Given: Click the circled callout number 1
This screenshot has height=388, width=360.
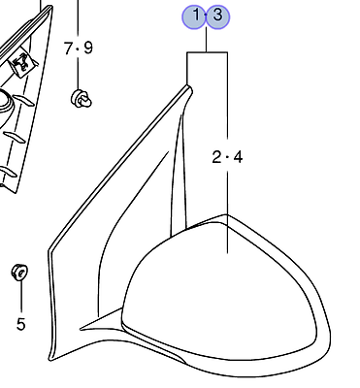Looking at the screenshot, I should pyautogui.click(x=196, y=16).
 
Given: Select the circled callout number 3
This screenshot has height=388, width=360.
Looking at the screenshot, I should pyautogui.click(x=218, y=16).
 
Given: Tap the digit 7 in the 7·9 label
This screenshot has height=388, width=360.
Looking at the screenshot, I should pyautogui.click(x=68, y=48).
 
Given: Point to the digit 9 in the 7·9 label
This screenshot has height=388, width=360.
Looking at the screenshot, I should pyautogui.click(x=88, y=48).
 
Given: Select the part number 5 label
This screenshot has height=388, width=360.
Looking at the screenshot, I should pyautogui.click(x=19, y=323).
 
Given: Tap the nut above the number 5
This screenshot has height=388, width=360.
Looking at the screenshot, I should pyautogui.click(x=17, y=270).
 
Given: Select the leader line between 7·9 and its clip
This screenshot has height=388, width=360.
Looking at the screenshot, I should pyautogui.click(x=78, y=72).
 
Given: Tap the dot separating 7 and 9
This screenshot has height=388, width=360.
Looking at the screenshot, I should pyautogui.click(x=78, y=48).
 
